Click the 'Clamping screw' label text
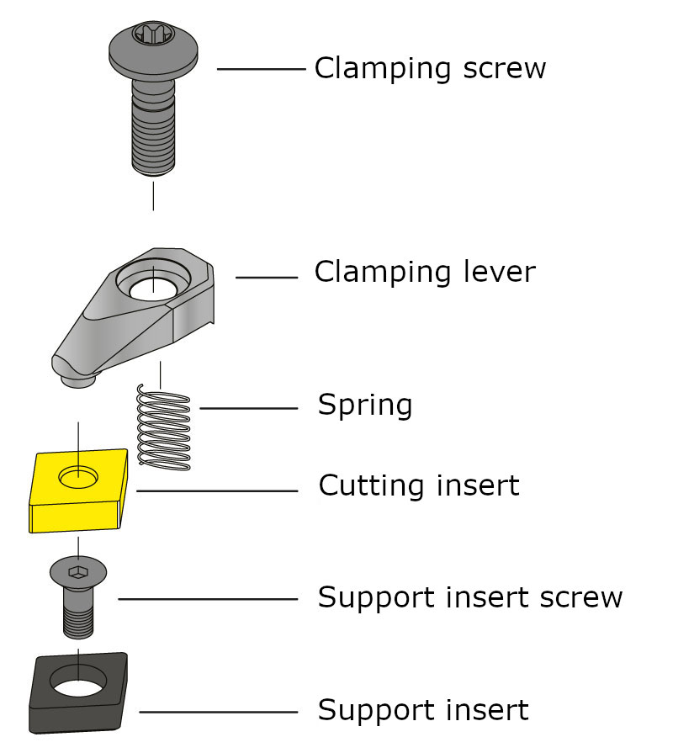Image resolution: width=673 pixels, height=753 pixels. (430, 68)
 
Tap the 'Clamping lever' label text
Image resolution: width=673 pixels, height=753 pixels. (424, 272)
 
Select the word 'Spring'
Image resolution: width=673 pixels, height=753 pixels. (364, 406)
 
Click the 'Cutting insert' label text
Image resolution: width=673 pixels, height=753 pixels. (418, 485)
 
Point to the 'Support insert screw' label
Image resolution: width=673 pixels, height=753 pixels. (469, 597)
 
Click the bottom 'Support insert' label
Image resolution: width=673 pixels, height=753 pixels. (422, 710)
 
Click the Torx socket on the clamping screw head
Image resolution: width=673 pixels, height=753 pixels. (153, 35)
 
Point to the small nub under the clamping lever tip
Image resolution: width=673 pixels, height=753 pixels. (78, 381)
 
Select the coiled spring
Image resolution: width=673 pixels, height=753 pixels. (164, 427)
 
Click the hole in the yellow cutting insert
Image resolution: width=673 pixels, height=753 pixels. (77, 478)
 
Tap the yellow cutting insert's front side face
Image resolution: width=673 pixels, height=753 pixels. (72, 517)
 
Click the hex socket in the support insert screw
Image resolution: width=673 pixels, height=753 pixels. (77, 572)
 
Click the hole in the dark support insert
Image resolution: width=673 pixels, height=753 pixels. (78, 680)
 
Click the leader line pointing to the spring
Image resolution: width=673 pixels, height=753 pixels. (248, 408)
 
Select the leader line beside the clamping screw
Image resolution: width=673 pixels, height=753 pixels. (261, 69)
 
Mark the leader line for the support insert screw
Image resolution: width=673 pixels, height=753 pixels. (208, 599)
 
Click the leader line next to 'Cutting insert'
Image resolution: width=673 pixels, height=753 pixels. (216, 491)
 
